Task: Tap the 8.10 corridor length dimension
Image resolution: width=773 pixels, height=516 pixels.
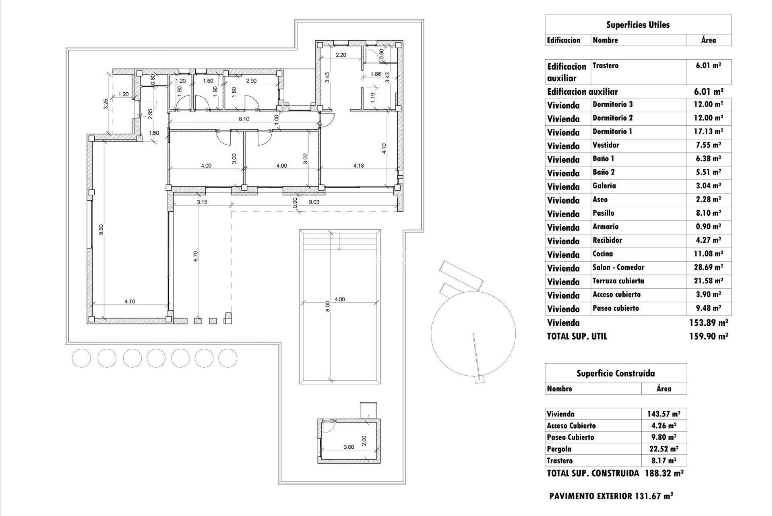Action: click(244, 119)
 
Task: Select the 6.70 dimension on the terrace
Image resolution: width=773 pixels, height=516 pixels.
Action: click(196, 256)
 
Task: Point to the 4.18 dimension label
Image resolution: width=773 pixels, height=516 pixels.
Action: click(358, 165)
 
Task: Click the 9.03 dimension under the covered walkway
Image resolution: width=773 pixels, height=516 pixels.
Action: click(314, 202)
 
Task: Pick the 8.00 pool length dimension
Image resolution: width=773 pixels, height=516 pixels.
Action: click(327, 306)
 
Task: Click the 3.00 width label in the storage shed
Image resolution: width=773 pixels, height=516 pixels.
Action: click(349, 447)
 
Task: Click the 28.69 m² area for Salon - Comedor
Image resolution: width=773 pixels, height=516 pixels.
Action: click(708, 268)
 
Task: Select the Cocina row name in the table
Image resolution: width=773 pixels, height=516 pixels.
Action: click(603, 254)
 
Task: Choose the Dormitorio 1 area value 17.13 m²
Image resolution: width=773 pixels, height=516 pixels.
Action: click(708, 132)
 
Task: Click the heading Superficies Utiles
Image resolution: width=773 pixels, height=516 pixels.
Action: click(638, 25)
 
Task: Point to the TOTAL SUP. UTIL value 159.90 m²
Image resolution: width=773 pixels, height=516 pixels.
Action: click(708, 336)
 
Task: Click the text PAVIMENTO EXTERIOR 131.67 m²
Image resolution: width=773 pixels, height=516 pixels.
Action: click(611, 496)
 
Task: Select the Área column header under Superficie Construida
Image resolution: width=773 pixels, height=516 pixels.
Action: click(663, 389)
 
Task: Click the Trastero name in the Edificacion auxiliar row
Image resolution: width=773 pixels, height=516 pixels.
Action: click(605, 66)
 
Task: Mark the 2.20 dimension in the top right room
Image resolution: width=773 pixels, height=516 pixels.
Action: click(341, 55)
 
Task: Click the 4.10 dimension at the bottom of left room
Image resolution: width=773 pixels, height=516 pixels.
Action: click(130, 301)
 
